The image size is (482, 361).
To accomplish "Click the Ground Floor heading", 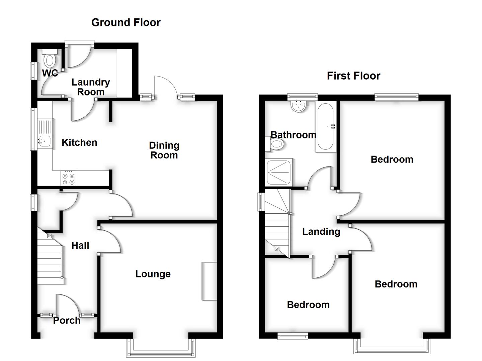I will point(126,22).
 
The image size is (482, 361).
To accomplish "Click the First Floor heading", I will point(353,76).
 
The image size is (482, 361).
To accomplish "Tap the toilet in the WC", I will point(50,60).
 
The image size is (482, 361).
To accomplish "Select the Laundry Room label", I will point(91,87).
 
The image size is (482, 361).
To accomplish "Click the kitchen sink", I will point(44,141).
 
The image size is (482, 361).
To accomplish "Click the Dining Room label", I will point(164,150).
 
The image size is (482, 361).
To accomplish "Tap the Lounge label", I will point(153,274).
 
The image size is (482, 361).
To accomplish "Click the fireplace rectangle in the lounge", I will point(209,281).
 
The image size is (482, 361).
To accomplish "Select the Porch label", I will point(67,321).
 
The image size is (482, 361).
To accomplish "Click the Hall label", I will point(80,246).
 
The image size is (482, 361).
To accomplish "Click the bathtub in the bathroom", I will point(325,127).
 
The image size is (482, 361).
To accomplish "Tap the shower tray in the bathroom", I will point(279,172).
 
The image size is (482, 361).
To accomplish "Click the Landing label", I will point(321,232).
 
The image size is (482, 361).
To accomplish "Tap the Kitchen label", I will point(79,143).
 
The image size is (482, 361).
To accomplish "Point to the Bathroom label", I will point(293,135).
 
